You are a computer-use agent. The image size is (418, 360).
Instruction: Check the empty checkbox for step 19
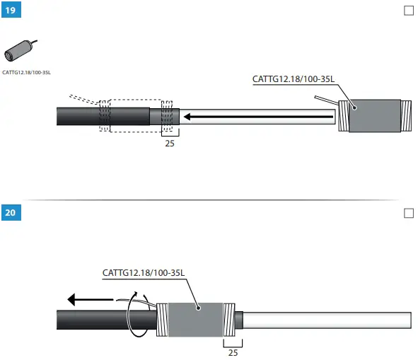408,11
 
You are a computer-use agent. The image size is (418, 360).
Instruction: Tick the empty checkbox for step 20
408,212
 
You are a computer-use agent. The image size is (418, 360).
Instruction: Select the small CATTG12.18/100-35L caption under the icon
27,72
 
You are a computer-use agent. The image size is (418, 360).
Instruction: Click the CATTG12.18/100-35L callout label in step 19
294,79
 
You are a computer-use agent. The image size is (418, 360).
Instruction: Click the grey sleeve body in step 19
376,116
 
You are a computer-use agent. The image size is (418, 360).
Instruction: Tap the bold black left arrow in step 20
92,301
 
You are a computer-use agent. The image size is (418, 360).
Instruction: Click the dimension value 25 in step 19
170,143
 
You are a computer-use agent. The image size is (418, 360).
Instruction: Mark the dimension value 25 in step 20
232,352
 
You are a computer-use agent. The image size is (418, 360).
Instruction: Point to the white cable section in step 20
325,320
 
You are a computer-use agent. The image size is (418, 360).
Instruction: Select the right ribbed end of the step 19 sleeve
406,116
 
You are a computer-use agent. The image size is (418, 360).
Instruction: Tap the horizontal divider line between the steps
212,200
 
